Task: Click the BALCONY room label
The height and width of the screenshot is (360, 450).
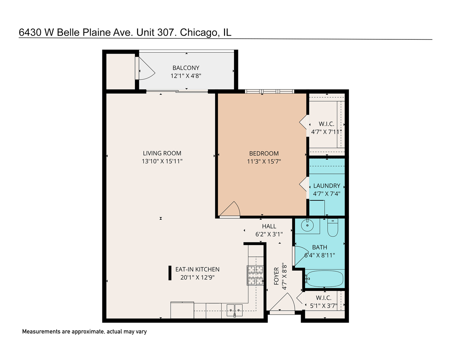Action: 186,68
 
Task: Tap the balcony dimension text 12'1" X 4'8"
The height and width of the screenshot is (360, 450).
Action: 186,76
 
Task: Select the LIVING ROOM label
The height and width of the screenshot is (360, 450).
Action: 162,153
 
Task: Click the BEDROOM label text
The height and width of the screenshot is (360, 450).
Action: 264,153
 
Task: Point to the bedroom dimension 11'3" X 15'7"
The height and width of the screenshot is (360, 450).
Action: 264,162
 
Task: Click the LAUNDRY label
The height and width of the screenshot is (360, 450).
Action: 327,186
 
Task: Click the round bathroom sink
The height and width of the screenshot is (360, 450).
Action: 307,226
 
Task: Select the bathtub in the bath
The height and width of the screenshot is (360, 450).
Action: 324,279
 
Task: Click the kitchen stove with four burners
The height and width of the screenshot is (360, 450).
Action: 255,275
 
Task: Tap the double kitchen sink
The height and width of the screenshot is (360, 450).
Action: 235,310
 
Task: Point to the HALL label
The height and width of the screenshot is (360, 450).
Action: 269,226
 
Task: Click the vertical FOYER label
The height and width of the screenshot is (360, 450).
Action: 276,276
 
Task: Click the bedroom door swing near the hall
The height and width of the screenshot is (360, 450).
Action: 231,210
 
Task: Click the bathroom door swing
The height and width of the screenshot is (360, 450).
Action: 301,255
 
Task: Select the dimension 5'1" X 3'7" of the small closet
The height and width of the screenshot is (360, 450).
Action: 323,306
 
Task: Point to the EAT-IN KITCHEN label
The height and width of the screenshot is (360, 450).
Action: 197,269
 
